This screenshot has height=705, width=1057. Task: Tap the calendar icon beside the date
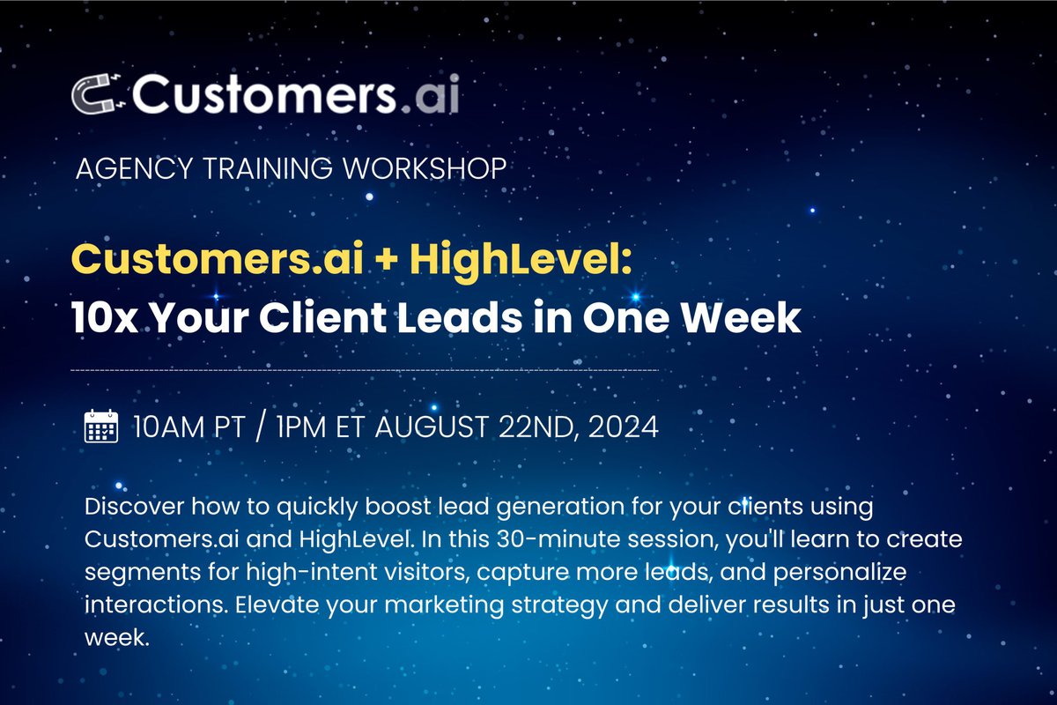tap(101, 427)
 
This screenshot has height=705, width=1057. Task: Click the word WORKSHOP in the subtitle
tap(425, 168)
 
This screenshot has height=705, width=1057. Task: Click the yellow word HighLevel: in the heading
tap(521, 261)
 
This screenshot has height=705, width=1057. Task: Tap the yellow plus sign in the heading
tap(387, 261)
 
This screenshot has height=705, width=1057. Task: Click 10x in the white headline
tap(105, 318)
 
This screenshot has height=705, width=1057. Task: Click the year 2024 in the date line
tap(624, 427)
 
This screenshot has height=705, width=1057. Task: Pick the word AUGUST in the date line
tap(432, 427)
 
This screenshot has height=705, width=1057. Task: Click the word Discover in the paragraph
tap(135, 506)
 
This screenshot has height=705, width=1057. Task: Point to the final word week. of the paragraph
tap(117, 638)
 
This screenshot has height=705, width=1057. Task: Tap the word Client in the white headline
tap(322, 317)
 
